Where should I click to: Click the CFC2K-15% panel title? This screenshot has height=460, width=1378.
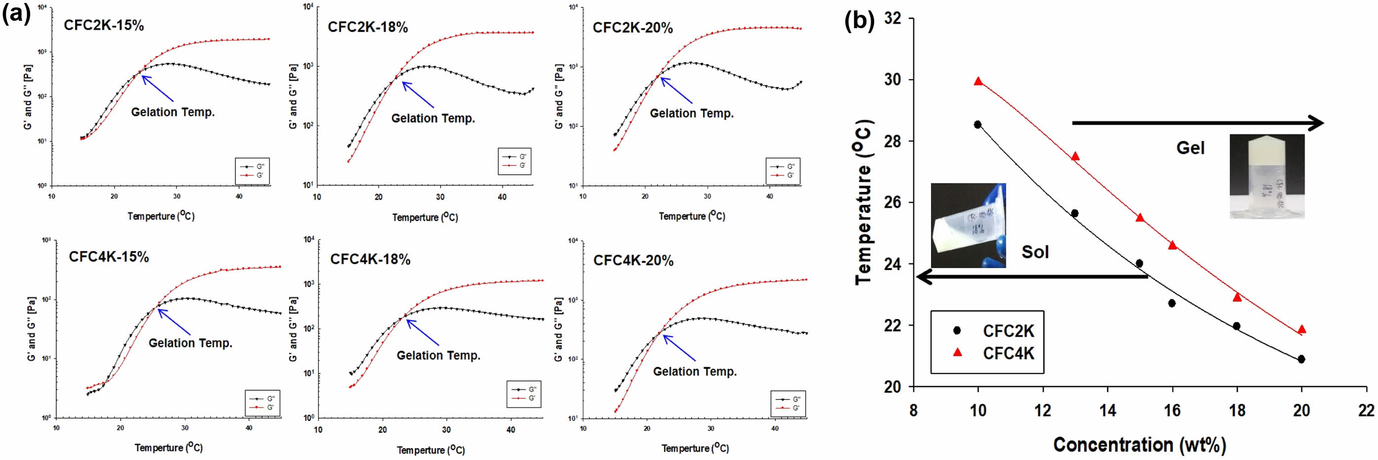pyautogui.click(x=104, y=26)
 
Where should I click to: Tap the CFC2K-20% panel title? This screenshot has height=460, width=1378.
pyautogui.click(x=633, y=28)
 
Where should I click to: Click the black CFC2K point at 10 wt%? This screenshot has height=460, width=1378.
pyautogui.click(x=978, y=125)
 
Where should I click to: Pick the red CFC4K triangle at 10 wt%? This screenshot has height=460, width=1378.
pyautogui.click(x=978, y=82)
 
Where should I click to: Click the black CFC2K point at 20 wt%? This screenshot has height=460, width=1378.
pyautogui.click(x=1301, y=360)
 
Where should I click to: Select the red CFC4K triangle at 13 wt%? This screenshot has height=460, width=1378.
pyautogui.click(x=1075, y=157)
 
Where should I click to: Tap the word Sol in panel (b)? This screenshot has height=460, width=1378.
pyautogui.click(x=1035, y=252)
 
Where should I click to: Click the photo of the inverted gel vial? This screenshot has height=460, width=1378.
pyautogui.click(x=1267, y=177)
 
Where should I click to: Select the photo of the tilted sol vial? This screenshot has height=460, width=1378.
pyautogui.click(x=968, y=225)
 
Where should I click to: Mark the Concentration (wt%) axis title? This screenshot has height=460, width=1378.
pyautogui.click(x=1139, y=445)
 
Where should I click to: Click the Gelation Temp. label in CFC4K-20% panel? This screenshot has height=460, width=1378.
pyautogui.click(x=695, y=371)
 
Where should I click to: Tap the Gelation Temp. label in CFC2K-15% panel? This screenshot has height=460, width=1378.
pyautogui.click(x=173, y=112)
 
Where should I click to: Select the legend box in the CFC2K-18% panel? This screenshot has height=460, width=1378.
pyautogui.click(x=514, y=162)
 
